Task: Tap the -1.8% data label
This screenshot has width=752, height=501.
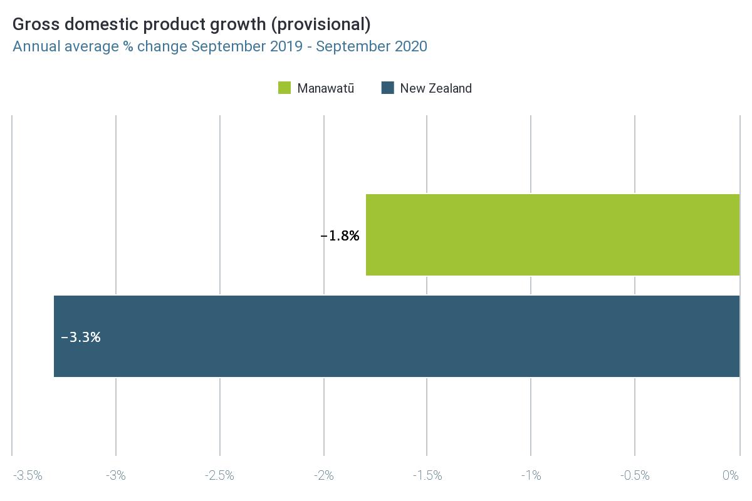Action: coord(340,236)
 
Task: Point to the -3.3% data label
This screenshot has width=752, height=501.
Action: coord(81,337)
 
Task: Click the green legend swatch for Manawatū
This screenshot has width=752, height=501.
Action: coord(285,88)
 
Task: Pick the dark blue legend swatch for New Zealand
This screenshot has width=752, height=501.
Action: coord(387,88)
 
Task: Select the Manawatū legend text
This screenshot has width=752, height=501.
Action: coord(325,88)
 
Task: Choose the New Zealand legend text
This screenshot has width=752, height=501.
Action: coord(436,88)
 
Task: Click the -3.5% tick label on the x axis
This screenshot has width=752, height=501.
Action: coord(28,476)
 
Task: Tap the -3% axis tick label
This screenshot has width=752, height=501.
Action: coord(116,476)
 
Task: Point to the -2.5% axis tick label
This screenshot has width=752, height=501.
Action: coord(219,476)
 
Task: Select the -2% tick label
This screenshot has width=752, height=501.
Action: coord(323,476)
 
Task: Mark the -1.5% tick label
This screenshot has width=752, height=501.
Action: coord(427,476)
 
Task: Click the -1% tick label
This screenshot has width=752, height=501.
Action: coord(531,476)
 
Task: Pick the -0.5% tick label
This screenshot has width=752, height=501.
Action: coord(634,476)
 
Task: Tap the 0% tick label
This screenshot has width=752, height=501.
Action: coord(731,476)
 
